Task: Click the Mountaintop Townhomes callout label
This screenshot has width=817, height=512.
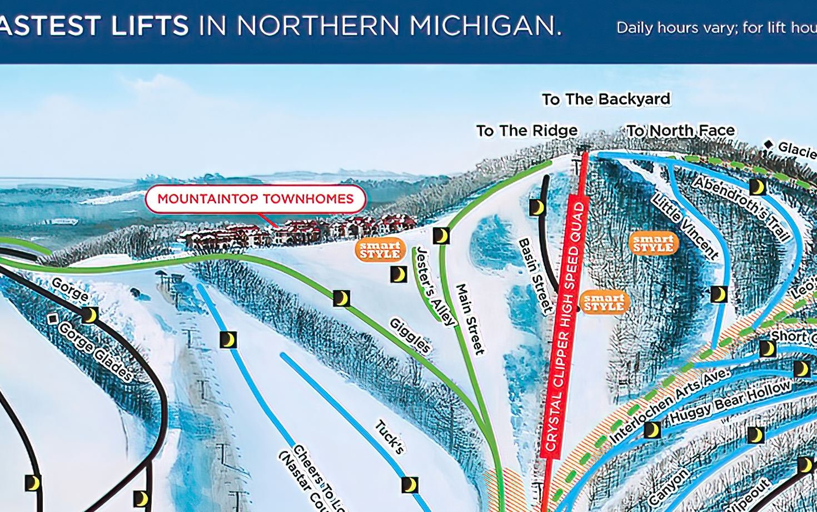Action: click(256, 199)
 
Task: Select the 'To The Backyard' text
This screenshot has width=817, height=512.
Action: click(606, 99)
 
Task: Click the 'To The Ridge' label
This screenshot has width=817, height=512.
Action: click(527, 131)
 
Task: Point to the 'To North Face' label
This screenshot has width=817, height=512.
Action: click(681, 131)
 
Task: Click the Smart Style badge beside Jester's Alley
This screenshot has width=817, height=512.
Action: click(380, 250)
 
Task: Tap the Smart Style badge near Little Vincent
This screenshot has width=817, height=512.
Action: click(654, 243)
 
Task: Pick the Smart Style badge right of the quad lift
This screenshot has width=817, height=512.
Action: click(604, 303)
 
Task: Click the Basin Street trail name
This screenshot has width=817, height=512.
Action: click(535, 276)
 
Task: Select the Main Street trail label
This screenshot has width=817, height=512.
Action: click(470, 319)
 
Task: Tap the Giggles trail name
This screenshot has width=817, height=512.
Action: click(410, 335)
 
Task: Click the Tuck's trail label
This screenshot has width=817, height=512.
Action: click(389, 437)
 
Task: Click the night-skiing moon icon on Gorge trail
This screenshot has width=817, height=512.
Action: click(89, 315)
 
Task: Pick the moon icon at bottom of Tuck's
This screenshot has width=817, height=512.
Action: click(410, 484)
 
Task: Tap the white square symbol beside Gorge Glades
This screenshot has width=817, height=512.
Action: click(53, 319)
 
